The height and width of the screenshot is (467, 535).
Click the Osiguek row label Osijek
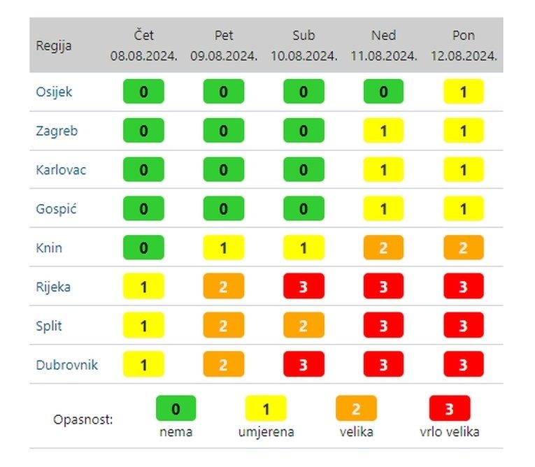[54, 92]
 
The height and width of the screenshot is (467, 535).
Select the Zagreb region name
[57, 131]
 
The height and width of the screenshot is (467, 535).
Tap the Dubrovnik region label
[67, 365]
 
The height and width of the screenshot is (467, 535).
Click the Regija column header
[53, 46]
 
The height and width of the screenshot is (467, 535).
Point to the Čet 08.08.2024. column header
[143, 45]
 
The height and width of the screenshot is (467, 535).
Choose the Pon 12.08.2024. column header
[462, 45]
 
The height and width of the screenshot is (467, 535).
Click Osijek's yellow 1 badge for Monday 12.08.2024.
[462, 92]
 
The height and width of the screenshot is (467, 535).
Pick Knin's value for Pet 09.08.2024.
[223, 247]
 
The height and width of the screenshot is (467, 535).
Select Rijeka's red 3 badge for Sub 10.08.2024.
[304, 287]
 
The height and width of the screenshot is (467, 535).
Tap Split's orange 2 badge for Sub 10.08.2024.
[304, 326]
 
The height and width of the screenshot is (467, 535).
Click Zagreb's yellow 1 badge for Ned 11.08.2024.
[383, 131]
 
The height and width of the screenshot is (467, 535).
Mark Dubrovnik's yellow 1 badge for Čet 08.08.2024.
[143, 365]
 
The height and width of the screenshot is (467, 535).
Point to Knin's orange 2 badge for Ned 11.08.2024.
[383, 247]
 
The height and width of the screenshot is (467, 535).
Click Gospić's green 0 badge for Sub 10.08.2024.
[304, 208]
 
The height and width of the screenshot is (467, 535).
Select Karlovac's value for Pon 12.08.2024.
[462, 170]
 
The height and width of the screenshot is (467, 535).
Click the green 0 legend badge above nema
[176, 408]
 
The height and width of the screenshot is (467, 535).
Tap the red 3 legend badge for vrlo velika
[450, 408]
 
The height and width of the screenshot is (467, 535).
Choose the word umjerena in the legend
[266, 432]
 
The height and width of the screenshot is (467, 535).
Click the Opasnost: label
[83, 420]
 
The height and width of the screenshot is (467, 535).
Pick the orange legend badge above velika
[356, 408]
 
